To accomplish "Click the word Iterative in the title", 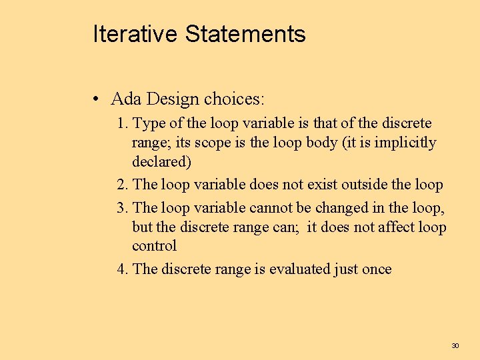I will (x=136, y=33).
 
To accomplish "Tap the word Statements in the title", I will (x=245, y=33).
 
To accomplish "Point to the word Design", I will (x=173, y=99).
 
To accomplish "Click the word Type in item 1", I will (x=147, y=123).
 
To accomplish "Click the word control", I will (x=154, y=245).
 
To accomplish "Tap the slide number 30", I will (x=455, y=345).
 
